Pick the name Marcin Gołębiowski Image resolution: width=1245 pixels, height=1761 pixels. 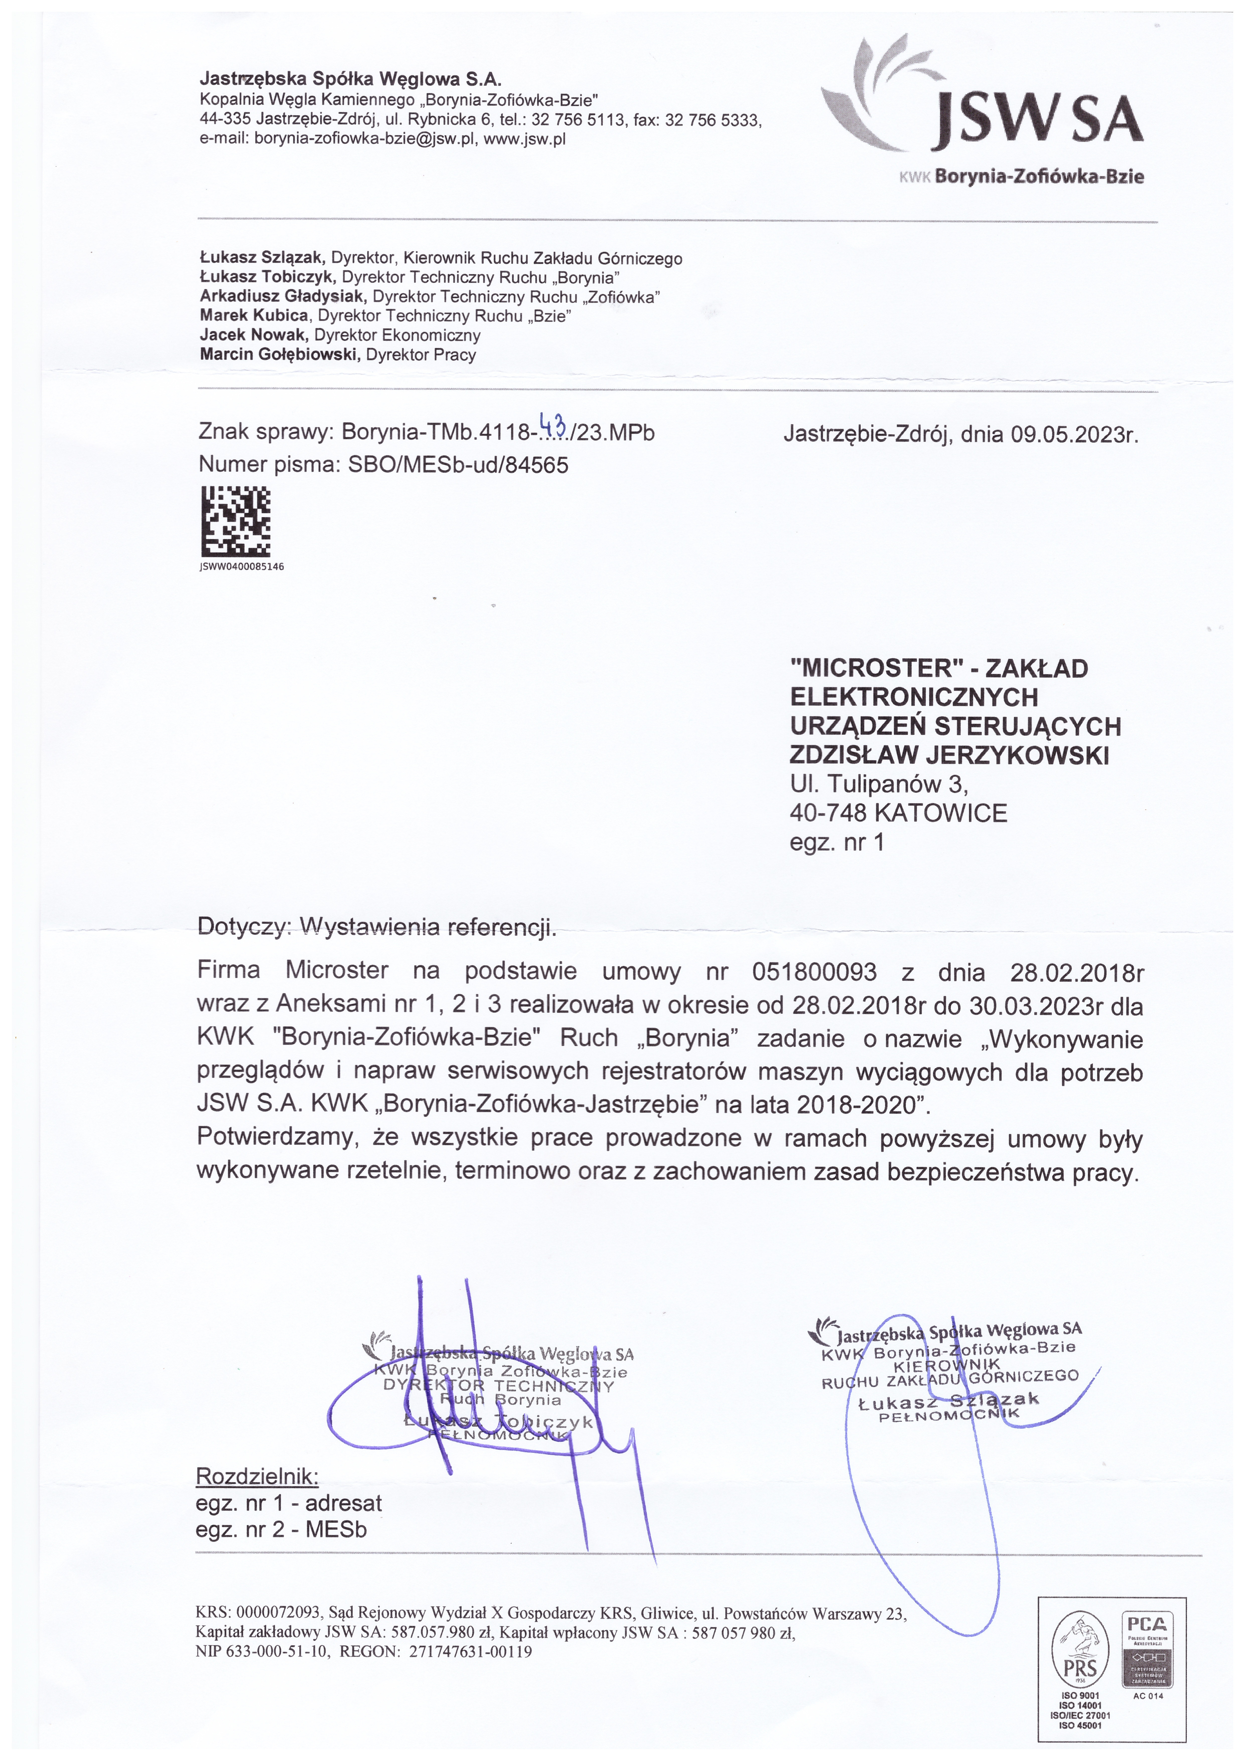(x=280, y=355)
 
